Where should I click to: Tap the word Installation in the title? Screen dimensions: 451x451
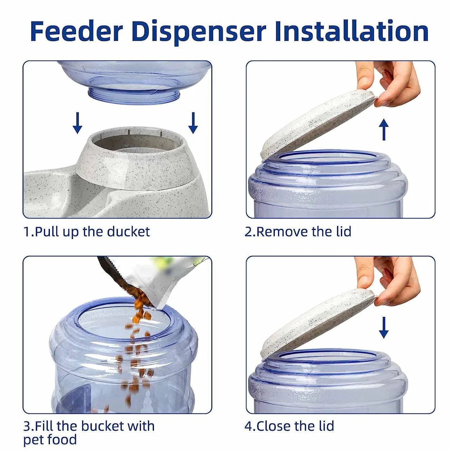click(351, 31)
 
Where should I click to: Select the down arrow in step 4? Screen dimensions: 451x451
click(383, 327)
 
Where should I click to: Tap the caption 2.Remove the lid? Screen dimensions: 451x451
click(298, 232)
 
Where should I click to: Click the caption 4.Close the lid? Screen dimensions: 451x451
click(289, 426)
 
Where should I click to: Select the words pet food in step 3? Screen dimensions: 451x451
click(50, 440)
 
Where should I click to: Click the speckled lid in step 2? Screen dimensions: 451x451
click(317, 126)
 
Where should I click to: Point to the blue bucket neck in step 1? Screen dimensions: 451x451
click(134, 95)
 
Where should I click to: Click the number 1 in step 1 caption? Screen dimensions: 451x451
click(27, 232)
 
